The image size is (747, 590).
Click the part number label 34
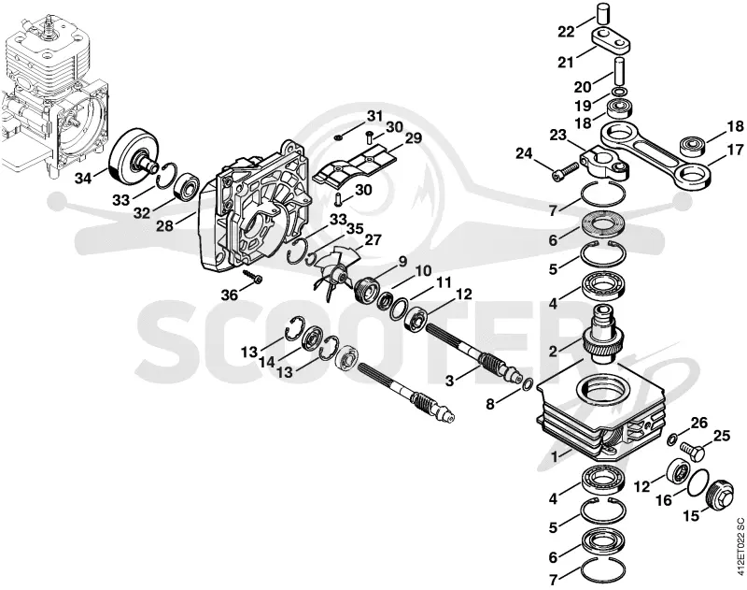(x=84, y=179)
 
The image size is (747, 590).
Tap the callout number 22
(x=567, y=32)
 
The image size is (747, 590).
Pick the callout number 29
(x=413, y=138)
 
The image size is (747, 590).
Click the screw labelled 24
(x=566, y=171)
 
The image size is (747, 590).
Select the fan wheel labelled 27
(x=336, y=270)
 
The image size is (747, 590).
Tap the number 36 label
(x=229, y=295)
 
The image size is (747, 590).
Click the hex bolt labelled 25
(x=692, y=451)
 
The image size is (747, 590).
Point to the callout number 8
(x=490, y=404)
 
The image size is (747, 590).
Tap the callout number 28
(x=165, y=225)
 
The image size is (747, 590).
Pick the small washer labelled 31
(x=338, y=137)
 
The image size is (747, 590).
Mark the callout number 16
(x=664, y=500)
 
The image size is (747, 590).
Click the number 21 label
(x=566, y=62)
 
